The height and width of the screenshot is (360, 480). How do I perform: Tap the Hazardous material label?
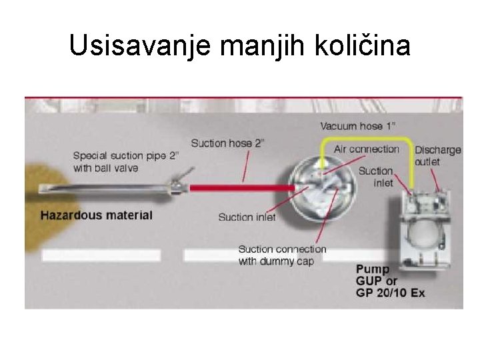96,215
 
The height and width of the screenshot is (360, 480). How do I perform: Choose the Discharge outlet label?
437,155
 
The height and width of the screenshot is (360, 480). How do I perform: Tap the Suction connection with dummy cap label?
282,255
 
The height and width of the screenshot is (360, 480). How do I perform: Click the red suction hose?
240,188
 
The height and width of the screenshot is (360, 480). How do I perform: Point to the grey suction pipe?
107,188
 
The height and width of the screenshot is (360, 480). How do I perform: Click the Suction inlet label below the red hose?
247,217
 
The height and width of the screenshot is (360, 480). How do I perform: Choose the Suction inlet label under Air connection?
375,177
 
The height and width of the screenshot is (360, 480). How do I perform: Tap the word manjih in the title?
257,46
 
